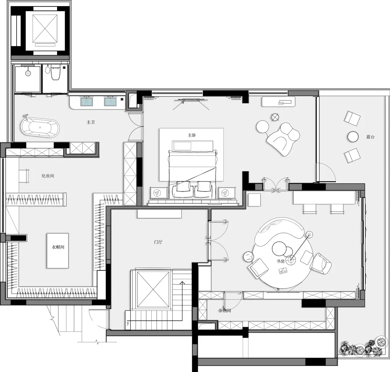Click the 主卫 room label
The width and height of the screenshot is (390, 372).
(x=91, y=122)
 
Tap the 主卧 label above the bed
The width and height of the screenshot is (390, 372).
(x=192, y=135)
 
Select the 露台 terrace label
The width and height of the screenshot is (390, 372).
(x=370, y=137)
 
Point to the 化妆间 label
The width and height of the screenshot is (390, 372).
(x=48, y=176)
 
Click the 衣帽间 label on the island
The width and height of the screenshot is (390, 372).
(x=58, y=247)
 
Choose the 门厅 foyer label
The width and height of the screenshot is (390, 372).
(x=158, y=242)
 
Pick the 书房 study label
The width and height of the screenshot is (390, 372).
(x=281, y=261)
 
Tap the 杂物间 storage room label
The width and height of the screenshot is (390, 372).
(x=225, y=311)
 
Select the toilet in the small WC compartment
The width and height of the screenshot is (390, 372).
(x=55, y=72)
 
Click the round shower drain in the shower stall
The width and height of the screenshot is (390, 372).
(x=28, y=73)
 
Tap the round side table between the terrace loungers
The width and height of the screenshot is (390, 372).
(x=353, y=137)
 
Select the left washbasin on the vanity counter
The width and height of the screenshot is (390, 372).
(x=86, y=102)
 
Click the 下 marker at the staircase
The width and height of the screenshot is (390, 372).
(x=128, y=324)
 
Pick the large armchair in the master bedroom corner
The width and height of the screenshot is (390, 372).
(x=283, y=139)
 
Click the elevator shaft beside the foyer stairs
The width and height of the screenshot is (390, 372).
(x=153, y=290)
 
